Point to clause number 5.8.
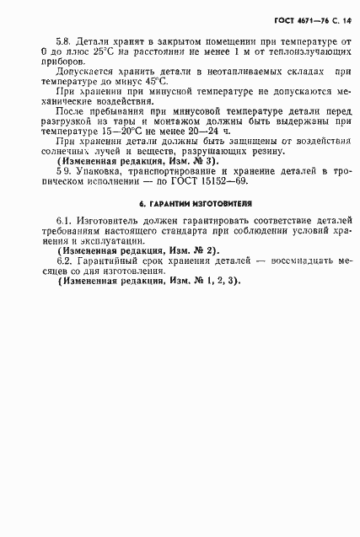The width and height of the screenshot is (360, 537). (64, 40)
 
